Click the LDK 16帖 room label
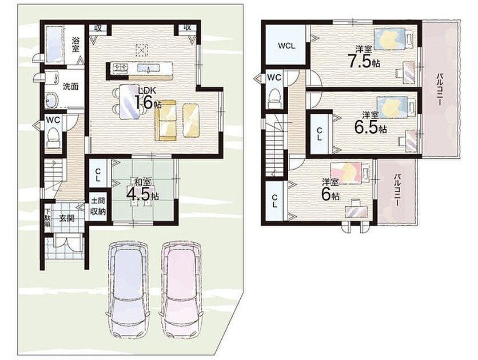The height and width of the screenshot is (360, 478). pyautogui.click(x=146, y=98)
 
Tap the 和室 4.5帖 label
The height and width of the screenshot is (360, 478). pyautogui.click(x=142, y=190)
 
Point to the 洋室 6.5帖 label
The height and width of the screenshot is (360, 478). pyautogui.click(x=371, y=122)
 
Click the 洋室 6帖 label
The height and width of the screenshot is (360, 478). pyautogui.click(x=330, y=190)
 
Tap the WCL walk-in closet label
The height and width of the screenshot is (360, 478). pyautogui.click(x=286, y=46)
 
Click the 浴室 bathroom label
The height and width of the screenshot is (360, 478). pyautogui.click(x=75, y=45)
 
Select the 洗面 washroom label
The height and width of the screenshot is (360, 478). pyautogui.click(x=70, y=86)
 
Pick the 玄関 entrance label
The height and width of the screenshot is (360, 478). pyautogui.click(x=67, y=218)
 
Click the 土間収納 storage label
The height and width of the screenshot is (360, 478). pyautogui.click(x=98, y=206)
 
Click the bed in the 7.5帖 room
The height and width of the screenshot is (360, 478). pyautogui.click(x=393, y=38)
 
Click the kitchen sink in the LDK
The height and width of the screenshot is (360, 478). pyautogui.click(x=148, y=68)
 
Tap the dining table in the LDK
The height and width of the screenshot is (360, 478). pyautogui.click(x=130, y=101)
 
